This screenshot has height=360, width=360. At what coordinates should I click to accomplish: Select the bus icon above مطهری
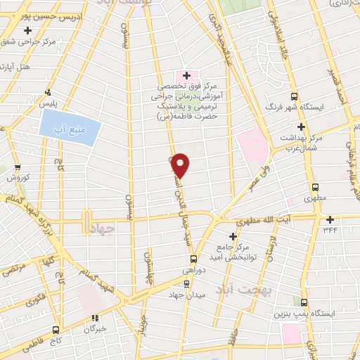point(315,188)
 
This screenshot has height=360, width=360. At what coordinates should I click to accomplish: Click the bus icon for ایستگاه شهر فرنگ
point(294,97)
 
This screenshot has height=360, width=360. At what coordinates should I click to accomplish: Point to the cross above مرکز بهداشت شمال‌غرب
point(301,127)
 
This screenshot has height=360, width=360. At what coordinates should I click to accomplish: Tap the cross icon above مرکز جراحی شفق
point(27,30)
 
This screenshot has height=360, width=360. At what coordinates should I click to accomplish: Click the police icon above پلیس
point(48,91)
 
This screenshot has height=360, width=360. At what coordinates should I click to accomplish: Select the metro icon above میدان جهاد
point(186,284)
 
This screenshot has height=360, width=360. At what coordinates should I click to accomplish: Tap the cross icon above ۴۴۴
point(330,219)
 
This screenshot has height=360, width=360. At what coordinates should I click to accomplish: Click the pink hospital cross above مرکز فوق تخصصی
point(186,75)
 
